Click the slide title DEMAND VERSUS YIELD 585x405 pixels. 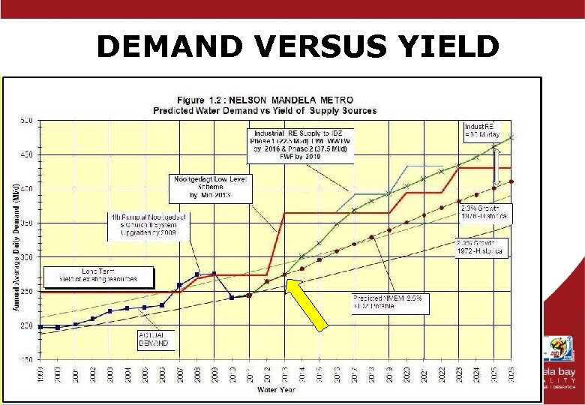tap(298, 47)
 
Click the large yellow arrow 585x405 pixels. tap(307, 304)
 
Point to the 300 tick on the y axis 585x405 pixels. tap(26, 257)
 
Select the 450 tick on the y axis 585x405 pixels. tap(26, 155)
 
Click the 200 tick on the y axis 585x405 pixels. tap(26, 326)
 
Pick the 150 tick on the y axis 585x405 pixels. tap(26, 360)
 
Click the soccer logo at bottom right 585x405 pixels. tap(558, 349)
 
